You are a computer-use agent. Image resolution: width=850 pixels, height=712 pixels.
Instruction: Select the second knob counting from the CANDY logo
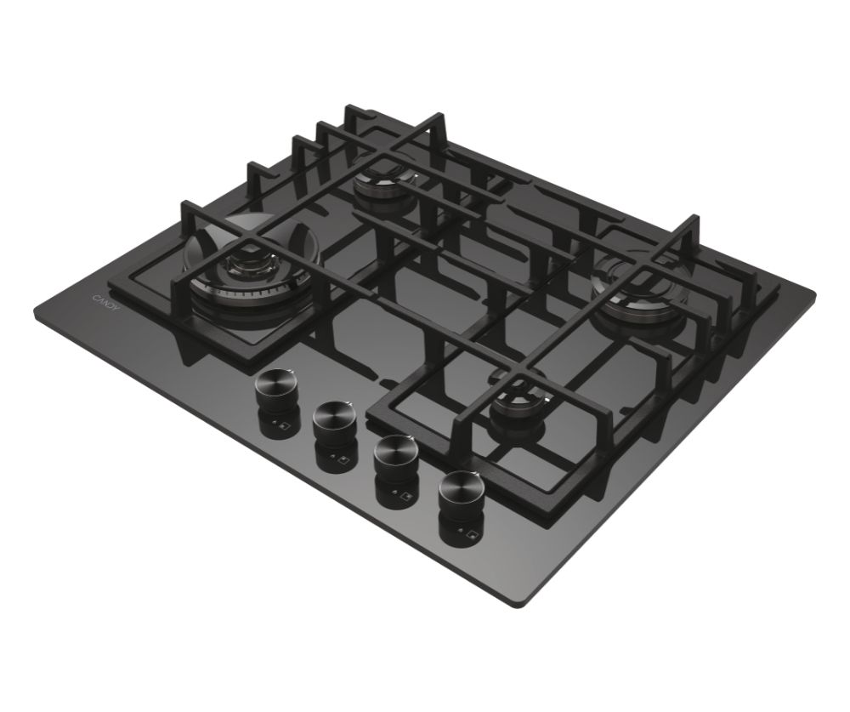coord(332,420)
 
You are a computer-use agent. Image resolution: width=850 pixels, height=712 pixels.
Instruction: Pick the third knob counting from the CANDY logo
coord(394,452)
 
